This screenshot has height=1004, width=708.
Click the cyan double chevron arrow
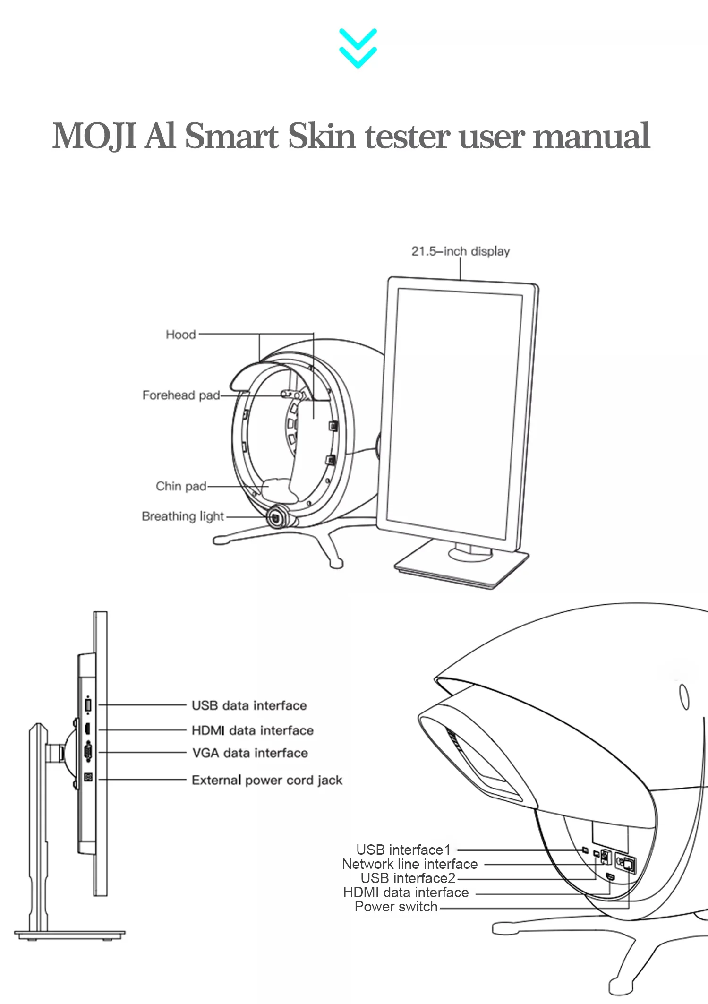tap(358, 48)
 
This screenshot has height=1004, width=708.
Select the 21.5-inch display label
tap(460, 251)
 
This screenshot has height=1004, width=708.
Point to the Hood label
tap(180, 335)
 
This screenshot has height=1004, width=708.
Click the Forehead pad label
tap(181, 395)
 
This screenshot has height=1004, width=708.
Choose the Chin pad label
tap(181, 486)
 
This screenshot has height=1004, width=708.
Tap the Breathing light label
tap(182, 516)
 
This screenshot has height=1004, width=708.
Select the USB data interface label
tap(249, 705)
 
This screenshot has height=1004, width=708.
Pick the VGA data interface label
tap(250, 753)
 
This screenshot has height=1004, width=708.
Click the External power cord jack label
tap(267, 780)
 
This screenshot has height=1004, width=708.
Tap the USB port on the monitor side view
tap(88, 705)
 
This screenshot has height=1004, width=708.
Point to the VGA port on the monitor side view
tap(88, 752)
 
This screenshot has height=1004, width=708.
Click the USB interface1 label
tap(403, 850)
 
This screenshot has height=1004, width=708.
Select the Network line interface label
tap(409, 864)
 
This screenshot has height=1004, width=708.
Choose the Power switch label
tap(396, 907)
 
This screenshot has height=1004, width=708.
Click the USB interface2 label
tap(408, 878)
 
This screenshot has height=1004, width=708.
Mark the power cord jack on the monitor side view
tap(88, 777)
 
